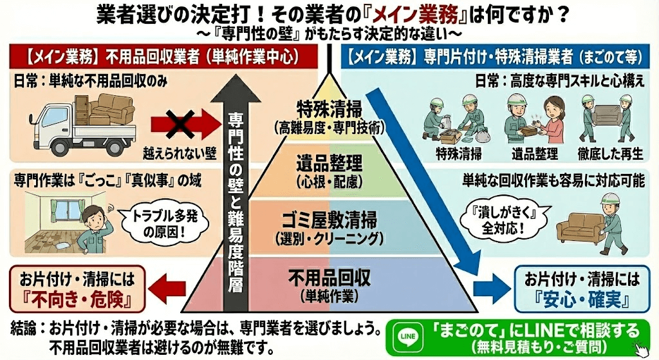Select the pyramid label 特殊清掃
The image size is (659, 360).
[329, 107]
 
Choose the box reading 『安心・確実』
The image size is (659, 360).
[582, 290]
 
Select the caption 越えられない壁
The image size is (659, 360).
[180, 155]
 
